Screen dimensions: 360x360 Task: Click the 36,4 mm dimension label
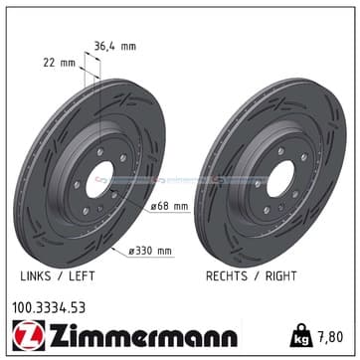click(x=115, y=46)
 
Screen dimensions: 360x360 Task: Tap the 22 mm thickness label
click(x=59, y=63)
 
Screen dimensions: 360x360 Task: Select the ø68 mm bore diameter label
click(x=169, y=206)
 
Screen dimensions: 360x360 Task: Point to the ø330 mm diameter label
click(x=150, y=251)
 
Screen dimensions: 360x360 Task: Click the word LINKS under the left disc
click(x=36, y=275)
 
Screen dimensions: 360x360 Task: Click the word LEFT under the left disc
click(x=82, y=275)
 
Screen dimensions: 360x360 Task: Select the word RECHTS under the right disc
click(x=227, y=275)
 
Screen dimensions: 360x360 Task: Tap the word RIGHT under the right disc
click(x=280, y=275)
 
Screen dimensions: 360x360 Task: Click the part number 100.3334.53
click(x=49, y=308)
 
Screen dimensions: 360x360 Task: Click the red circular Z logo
click(x=29, y=335)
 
